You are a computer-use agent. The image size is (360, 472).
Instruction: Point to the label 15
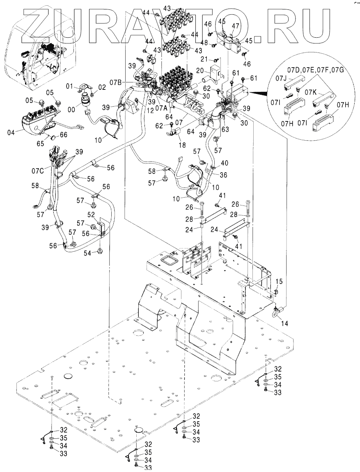[x=279, y=282]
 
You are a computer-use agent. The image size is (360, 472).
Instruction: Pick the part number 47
[x=235, y=25]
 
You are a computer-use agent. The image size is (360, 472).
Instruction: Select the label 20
[x=199, y=70]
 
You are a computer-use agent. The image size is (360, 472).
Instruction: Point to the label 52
[x=90, y=214]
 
